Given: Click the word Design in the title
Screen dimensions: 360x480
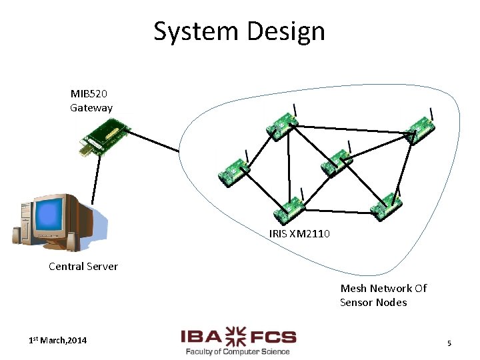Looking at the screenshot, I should click(x=285, y=31).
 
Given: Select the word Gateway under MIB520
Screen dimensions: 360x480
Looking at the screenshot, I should click(x=91, y=107).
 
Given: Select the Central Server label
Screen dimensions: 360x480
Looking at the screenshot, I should click(x=83, y=267).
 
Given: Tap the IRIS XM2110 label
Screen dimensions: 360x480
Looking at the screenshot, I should click(x=299, y=234).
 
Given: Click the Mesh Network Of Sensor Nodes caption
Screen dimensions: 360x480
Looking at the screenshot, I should click(x=383, y=295).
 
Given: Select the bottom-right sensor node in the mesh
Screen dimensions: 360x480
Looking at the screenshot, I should click(x=386, y=206).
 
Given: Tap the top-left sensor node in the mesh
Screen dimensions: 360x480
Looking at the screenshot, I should click(x=281, y=125).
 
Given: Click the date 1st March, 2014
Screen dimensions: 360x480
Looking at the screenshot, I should click(x=57, y=341).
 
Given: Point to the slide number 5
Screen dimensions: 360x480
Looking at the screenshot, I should click(x=449, y=343).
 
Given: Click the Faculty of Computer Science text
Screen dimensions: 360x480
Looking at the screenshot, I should click(x=238, y=351).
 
